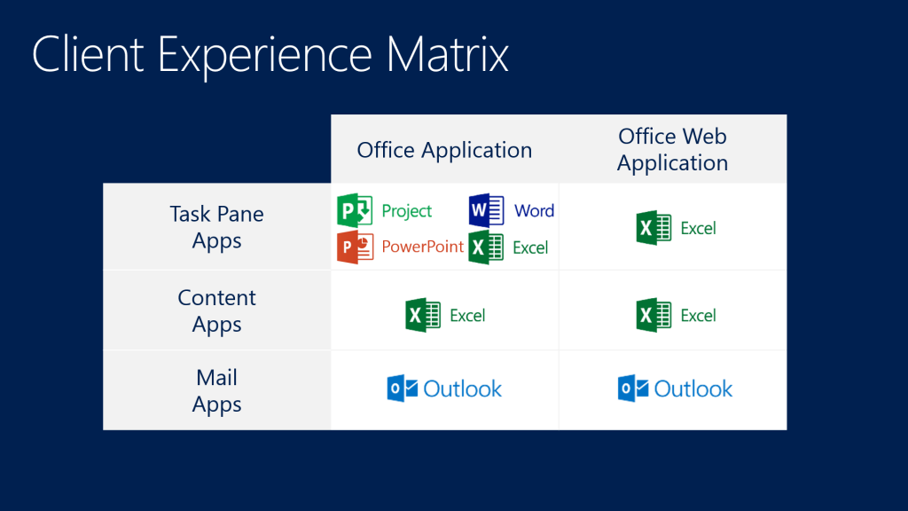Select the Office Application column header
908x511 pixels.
coord(444,150)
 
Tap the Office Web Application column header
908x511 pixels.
coord(672,150)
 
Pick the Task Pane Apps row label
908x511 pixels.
coord(216,227)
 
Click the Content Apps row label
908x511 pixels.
coord(216,311)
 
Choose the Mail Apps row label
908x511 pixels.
coord(216,390)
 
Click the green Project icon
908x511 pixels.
coord(355,211)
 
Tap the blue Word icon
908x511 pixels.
coord(486,211)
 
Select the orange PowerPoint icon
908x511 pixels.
coord(355,247)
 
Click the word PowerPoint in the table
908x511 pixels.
coord(422,247)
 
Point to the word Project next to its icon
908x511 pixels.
coord(406,211)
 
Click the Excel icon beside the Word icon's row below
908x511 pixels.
coord(486,248)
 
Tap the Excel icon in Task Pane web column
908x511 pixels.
coord(654,228)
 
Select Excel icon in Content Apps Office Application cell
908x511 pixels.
coord(423,315)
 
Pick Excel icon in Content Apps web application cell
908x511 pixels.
coord(654,315)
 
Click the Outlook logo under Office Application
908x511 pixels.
coord(444,389)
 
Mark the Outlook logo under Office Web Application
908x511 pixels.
coord(675,389)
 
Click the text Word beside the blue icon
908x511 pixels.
coord(534,211)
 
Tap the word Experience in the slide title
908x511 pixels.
coord(265,55)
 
